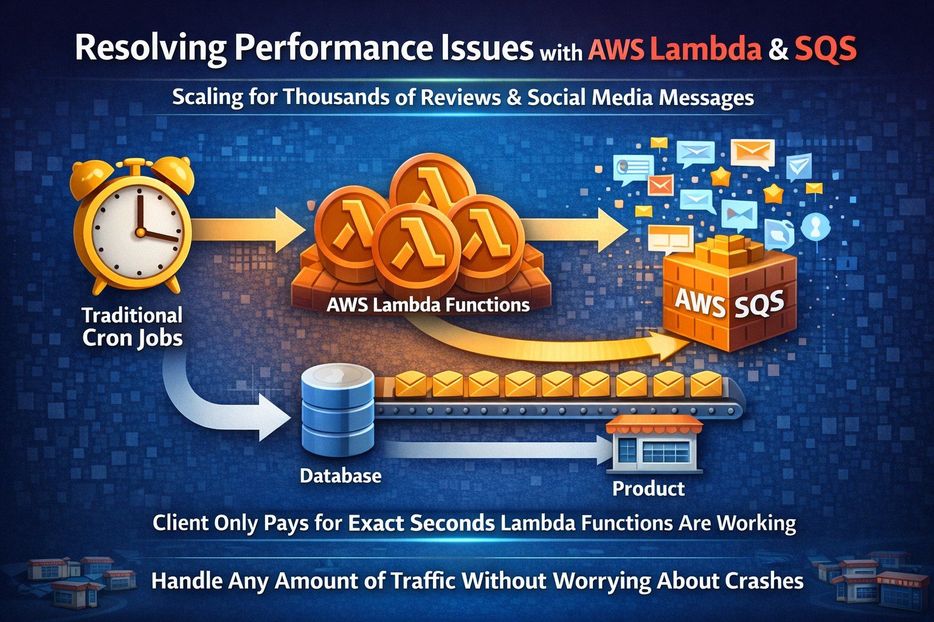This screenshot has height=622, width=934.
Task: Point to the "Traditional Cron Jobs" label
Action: (132, 326)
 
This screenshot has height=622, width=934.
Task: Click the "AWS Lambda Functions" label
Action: (427, 304)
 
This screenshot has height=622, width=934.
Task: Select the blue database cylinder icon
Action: (337, 409)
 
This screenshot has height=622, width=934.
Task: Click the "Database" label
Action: (341, 475)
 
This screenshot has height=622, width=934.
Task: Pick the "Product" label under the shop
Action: (648, 488)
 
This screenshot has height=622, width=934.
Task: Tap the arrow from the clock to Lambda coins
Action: (249, 230)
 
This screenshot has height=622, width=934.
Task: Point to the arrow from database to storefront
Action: (499, 450)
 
